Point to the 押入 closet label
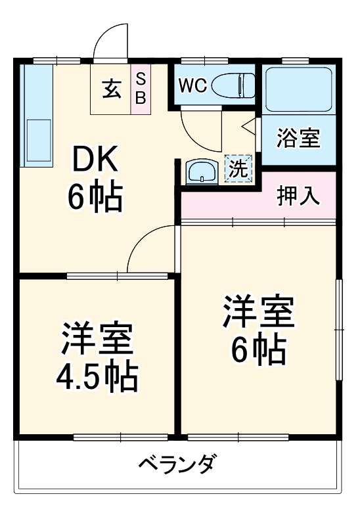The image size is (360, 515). (x=298, y=196)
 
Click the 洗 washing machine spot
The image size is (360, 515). (x=238, y=168)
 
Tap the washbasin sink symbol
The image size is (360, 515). (x=202, y=172)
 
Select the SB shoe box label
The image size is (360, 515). (x=141, y=87)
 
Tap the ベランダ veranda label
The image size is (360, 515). (x=177, y=465)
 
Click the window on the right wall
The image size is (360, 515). (x=340, y=328)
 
